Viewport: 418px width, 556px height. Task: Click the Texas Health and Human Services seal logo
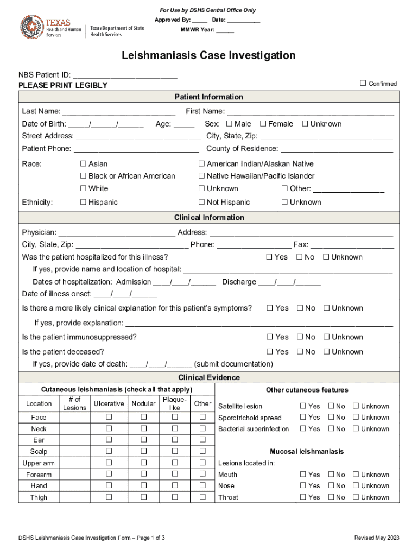pyautogui.click(x=32, y=27)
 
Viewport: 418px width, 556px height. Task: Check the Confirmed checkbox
pyautogui.click(x=363, y=83)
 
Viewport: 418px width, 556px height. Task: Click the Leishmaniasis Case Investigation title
pyautogui.click(x=208, y=55)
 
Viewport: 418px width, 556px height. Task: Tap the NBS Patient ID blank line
pyautogui.click(x=125, y=75)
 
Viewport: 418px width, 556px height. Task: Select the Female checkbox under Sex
pyautogui.click(x=263, y=124)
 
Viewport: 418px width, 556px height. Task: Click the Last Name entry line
pyautogui.click(x=119, y=112)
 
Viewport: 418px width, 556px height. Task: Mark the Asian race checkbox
pyautogui.click(x=83, y=163)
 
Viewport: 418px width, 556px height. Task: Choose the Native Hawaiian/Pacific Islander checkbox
pyautogui.click(x=201, y=176)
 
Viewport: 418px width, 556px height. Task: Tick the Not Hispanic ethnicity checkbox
pyautogui.click(x=201, y=202)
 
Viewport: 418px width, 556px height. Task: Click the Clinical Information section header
pyautogui.click(x=209, y=217)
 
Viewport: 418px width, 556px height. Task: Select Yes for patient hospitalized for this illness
pyautogui.click(x=269, y=257)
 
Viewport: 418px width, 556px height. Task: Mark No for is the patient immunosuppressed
pyautogui.click(x=300, y=337)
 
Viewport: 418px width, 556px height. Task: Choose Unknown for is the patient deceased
pyautogui.click(x=326, y=351)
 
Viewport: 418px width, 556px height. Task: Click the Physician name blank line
pyautogui.click(x=116, y=232)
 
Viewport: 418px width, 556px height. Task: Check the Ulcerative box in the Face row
pyautogui.click(x=109, y=417)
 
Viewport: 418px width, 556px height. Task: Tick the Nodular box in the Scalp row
pyautogui.click(x=144, y=451)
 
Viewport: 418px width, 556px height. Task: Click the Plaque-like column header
pyautogui.click(x=174, y=403)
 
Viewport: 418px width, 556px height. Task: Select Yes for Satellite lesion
pyautogui.click(x=303, y=406)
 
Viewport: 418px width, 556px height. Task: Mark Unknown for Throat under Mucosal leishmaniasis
pyautogui.click(x=356, y=497)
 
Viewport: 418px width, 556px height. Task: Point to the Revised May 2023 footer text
pyautogui.click(x=376, y=538)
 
